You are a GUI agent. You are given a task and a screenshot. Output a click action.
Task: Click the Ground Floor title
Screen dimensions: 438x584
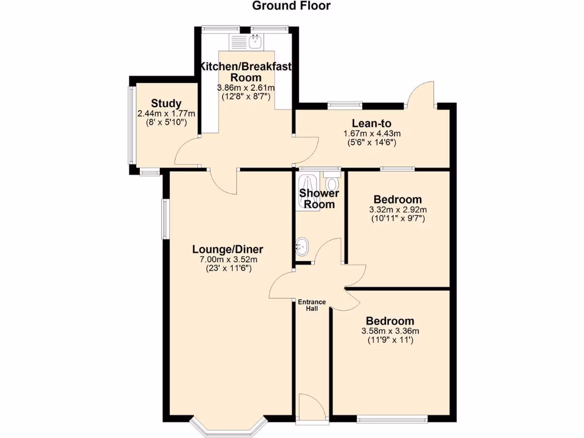(x=291, y=6)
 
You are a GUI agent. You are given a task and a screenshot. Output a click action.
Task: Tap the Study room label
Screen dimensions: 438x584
(x=166, y=103)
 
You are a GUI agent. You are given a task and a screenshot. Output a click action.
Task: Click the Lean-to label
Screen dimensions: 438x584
(x=371, y=123)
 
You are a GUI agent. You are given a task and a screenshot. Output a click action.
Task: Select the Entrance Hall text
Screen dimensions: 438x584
(x=311, y=305)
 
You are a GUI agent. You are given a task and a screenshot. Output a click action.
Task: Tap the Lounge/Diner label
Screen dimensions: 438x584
(x=228, y=249)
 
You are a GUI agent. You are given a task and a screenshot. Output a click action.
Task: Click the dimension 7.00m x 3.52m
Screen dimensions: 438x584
(x=228, y=260)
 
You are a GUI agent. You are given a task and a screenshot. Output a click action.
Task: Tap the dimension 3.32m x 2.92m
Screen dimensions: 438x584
(x=398, y=210)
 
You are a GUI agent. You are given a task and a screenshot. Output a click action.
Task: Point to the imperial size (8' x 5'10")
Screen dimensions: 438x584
(x=166, y=122)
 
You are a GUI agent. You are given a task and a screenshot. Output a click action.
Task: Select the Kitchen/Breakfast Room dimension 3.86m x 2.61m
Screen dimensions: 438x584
(x=246, y=88)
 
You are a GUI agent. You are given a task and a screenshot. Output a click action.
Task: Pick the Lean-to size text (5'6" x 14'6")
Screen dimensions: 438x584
(x=371, y=143)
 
